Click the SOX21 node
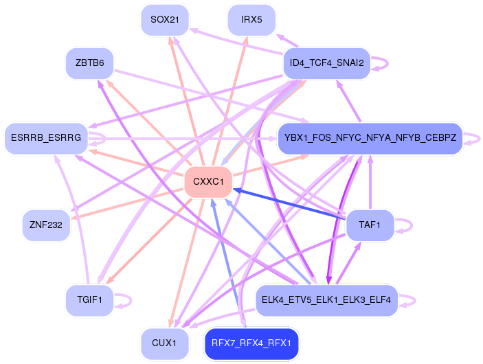click(x=165, y=20)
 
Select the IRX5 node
click(x=251, y=20)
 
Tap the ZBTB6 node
click(x=89, y=63)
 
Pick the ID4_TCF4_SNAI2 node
click(x=327, y=63)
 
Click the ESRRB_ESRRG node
click(x=46, y=137)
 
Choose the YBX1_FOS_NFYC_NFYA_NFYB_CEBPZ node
click(x=370, y=137)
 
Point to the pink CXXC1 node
click(x=208, y=182)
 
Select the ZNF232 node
click(x=46, y=225)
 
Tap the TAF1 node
click(x=370, y=225)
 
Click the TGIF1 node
click(x=89, y=300)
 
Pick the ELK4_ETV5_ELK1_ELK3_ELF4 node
click(x=327, y=300)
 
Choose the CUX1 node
click(x=165, y=343)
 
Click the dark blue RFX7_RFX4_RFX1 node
click(x=251, y=343)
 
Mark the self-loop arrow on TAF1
click(x=412, y=225)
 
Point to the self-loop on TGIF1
click(x=131, y=300)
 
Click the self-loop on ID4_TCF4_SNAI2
click(x=387, y=63)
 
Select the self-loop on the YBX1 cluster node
click(x=480, y=138)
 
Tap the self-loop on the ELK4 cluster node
click(x=415, y=300)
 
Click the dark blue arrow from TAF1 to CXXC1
click(x=289, y=204)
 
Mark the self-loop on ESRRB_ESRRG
click(x=105, y=138)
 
